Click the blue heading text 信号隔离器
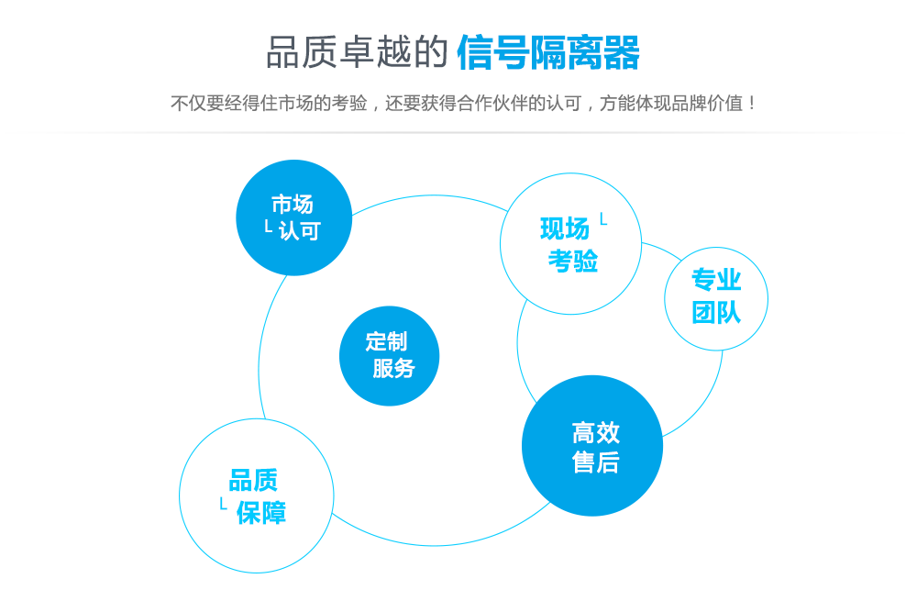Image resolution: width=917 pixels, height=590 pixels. tap(547, 52)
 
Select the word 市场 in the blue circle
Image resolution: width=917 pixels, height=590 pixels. tap(293, 204)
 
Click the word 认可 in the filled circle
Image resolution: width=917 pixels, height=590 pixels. tap(300, 230)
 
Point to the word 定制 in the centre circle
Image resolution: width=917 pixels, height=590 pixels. tap(386, 341)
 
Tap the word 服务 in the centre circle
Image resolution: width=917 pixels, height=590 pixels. tap(393, 368)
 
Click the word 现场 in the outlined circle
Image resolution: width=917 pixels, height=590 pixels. tap(564, 228)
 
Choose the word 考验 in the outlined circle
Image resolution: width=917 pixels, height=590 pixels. tap(573, 261)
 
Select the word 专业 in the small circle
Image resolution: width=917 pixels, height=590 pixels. tap(716, 280)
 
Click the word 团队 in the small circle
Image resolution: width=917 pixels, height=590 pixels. tap(716, 312)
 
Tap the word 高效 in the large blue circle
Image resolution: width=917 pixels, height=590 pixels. tap(596, 432)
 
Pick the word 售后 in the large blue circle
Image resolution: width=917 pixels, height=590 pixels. tap(596, 462)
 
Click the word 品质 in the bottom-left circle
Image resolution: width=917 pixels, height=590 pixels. tap(253, 480)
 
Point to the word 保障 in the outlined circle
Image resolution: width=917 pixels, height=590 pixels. tap(261, 512)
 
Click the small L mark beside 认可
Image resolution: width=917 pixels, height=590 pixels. tap(268, 226)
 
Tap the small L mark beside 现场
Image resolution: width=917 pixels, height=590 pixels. tap(602, 219)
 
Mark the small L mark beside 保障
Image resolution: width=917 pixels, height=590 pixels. tap(223, 504)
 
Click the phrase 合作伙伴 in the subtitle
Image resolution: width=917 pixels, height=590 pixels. tap(502, 103)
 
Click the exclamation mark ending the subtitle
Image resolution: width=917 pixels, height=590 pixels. tap(752, 103)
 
